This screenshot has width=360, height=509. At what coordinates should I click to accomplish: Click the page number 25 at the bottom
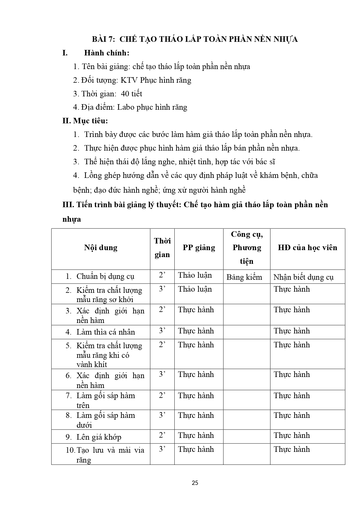coord(195,483)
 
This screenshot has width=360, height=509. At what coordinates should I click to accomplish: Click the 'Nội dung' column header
coord(101,248)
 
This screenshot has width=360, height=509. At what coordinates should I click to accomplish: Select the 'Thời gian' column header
coord(162,248)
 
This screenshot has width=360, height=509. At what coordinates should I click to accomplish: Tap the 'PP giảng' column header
coord(199,248)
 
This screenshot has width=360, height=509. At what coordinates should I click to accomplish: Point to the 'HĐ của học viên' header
coord(307,248)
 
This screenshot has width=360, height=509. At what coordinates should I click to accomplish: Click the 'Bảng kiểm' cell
coord(244,277)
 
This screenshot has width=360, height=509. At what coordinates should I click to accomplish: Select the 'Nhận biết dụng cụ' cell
coord(303,277)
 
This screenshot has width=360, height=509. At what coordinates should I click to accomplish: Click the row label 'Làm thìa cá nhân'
coord(106,332)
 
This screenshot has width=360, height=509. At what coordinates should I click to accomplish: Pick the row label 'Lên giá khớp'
coord(99,437)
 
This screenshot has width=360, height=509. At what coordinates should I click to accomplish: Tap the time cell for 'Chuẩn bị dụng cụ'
coord(162,275)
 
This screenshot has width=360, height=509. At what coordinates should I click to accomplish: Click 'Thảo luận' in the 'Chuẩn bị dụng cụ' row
coord(195,275)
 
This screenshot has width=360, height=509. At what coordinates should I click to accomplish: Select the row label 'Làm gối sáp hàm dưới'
coord(106,420)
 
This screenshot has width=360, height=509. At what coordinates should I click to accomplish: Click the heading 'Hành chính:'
coord(106,53)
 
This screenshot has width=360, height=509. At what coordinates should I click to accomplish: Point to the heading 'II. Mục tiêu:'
coord(85,121)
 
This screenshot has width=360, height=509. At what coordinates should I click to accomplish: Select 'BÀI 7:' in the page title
coord(104,39)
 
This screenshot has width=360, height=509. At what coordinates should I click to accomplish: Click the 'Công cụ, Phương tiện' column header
coord(247,248)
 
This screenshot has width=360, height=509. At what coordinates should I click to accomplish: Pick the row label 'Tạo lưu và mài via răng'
coord(110,455)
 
